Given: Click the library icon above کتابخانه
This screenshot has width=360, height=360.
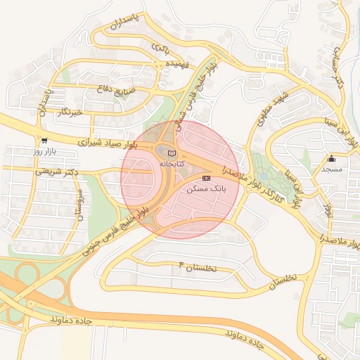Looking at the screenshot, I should click(172, 153).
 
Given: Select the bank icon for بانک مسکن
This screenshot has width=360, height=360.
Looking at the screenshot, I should click(205, 179).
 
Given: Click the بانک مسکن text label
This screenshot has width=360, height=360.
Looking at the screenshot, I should click(206, 189).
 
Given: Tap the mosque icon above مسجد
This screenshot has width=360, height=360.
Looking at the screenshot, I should click(331, 159).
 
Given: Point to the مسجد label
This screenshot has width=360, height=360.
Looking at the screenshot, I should click(331, 169).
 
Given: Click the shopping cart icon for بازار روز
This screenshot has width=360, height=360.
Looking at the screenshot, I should click(44, 141).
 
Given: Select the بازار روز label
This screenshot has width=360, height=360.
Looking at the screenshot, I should click(44, 151).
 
